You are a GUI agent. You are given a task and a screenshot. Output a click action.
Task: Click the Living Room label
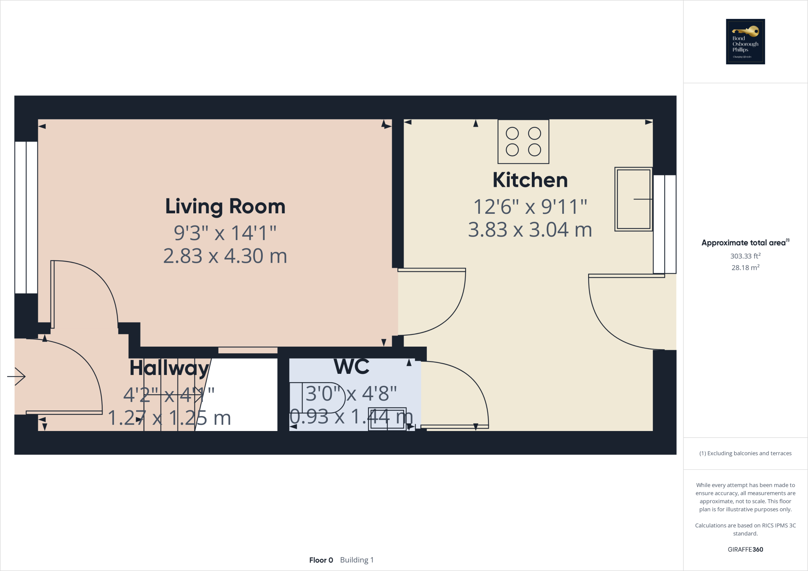click(x=225, y=207)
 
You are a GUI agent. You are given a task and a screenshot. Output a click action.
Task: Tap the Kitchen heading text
click(x=530, y=180)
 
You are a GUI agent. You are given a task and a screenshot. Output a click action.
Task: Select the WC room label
click(x=352, y=367)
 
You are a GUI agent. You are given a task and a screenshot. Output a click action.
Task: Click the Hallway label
click(x=169, y=368)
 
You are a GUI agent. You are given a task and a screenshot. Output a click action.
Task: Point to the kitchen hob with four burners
click(x=523, y=142)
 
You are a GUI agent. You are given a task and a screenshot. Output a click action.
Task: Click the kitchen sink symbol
click(x=633, y=199)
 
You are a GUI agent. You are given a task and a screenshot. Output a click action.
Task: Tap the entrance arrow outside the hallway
click(x=16, y=376)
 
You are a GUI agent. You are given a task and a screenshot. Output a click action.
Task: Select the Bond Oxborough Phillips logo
click(x=745, y=41)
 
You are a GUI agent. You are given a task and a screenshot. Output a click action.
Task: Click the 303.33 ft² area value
click(x=745, y=256)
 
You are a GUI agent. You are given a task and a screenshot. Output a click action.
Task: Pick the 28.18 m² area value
click(x=745, y=267)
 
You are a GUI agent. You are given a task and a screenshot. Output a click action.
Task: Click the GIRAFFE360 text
click(x=745, y=549)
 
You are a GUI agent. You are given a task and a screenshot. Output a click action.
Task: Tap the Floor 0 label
click(x=321, y=560)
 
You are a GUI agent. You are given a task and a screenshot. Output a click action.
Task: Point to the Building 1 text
click(x=357, y=560)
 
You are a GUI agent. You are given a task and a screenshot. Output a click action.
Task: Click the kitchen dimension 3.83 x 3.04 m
click(x=530, y=230)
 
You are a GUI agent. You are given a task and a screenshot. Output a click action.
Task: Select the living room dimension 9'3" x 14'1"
click(x=225, y=233)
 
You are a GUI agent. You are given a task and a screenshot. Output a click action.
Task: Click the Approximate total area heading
click(x=744, y=243)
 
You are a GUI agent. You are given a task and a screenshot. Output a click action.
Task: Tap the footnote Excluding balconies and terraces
click(x=745, y=453)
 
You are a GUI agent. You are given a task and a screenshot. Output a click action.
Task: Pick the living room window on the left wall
click(x=26, y=217)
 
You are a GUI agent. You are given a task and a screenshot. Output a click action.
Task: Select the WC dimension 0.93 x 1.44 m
click(x=351, y=417)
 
